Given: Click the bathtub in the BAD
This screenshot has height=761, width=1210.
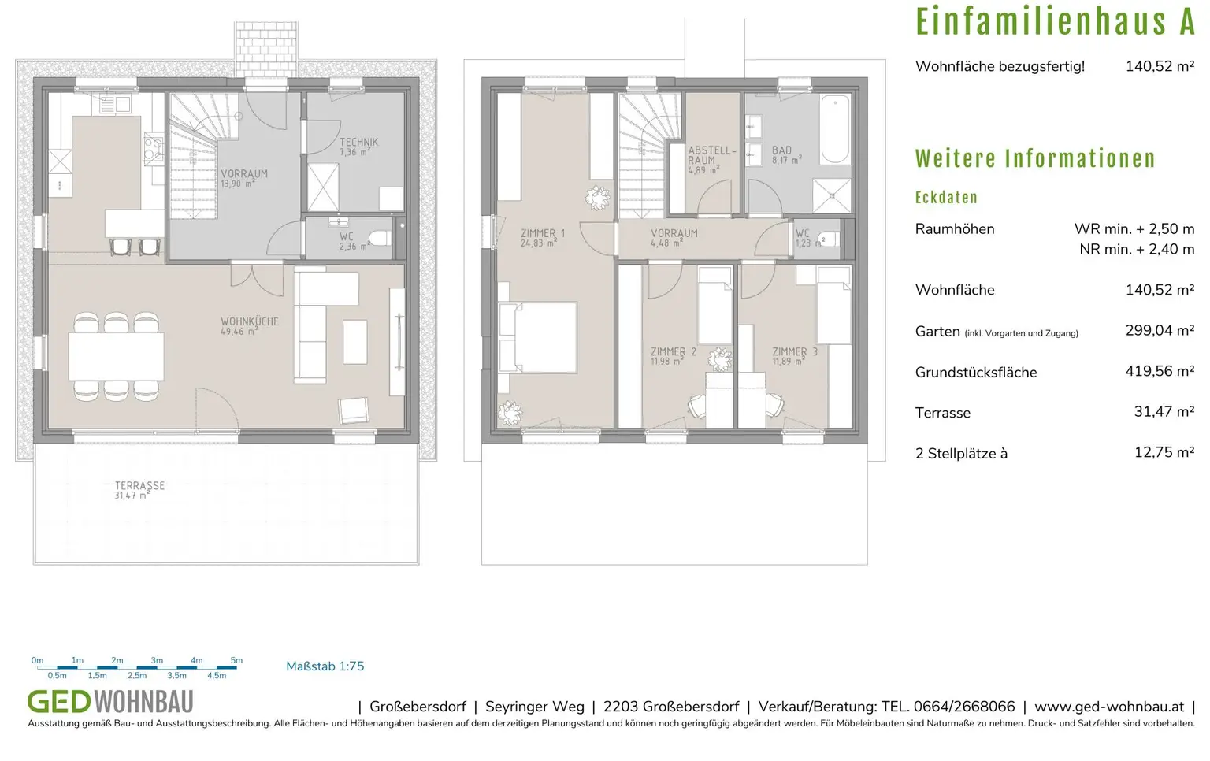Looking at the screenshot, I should [x=835, y=128].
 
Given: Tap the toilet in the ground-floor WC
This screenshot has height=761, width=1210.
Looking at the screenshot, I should [x=381, y=238].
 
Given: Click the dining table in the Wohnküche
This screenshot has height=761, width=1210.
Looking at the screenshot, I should [x=117, y=356].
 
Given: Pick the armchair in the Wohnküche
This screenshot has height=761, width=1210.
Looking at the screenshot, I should [x=353, y=410].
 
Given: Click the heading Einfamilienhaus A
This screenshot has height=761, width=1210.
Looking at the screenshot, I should [x=1054, y=22].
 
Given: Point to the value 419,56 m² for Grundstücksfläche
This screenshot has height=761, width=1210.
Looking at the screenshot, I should [x=1160, y=371].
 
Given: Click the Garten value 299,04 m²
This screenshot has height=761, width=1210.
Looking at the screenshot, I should [x=1160, y=331].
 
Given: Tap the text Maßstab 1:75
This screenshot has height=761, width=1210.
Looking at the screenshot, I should [x=325, y=666].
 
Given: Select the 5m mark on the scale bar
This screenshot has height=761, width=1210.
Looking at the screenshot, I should [x=236, y=661].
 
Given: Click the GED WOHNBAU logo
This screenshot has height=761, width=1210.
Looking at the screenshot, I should [x=110, y=701].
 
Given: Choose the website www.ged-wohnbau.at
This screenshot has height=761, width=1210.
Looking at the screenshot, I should [x=1108, y=707].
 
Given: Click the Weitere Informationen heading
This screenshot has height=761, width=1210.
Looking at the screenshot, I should [x=1034, y=159].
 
